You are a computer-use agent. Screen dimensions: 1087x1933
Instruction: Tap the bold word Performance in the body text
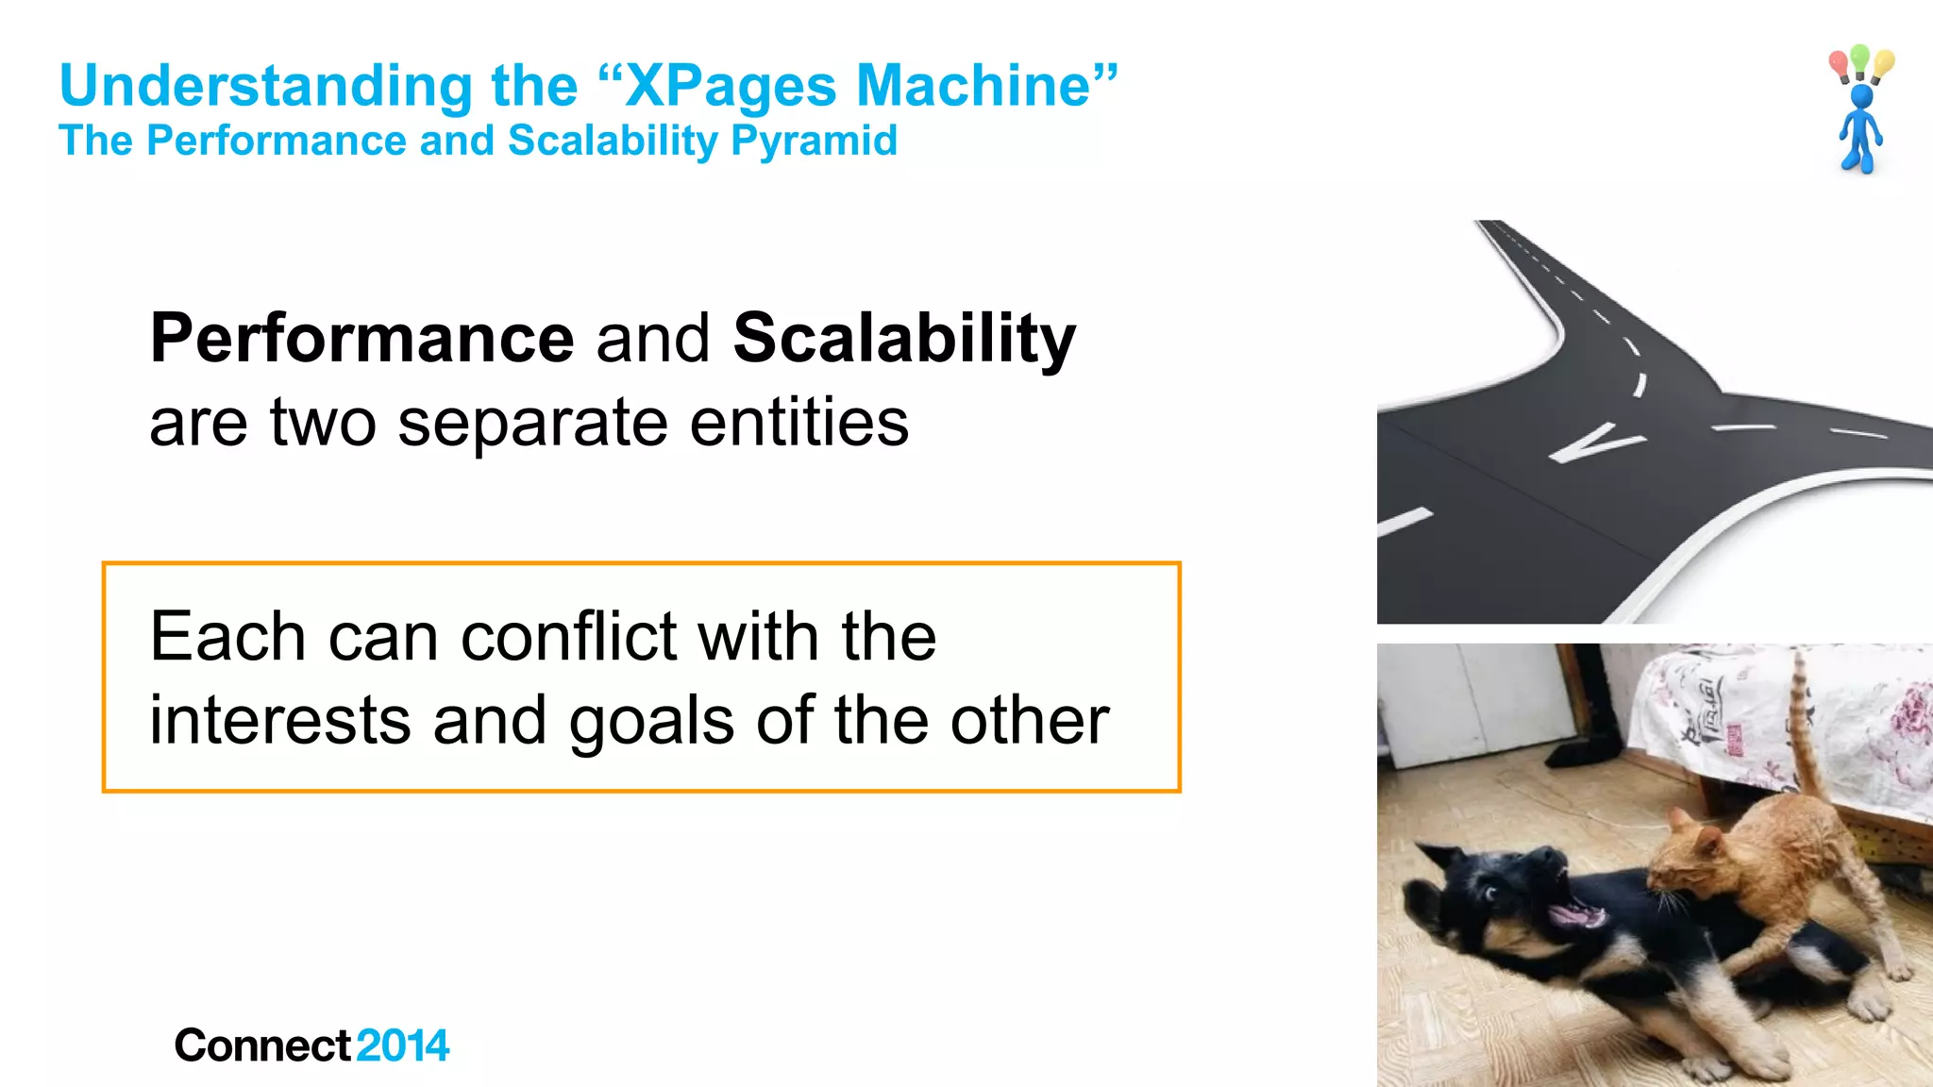point(362,338)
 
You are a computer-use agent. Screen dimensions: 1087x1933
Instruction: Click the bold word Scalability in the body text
point(904,338)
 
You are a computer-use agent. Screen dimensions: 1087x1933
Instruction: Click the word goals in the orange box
point(651,721)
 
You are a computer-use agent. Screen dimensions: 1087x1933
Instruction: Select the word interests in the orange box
point(279,721)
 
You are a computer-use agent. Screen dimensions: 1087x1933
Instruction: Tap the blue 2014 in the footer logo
point(403,1045)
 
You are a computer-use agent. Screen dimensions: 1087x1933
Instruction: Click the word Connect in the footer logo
point(263,1045)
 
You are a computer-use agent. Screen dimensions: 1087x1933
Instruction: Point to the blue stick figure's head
point(1861,96)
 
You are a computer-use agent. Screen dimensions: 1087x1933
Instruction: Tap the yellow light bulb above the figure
point(1883,64)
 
